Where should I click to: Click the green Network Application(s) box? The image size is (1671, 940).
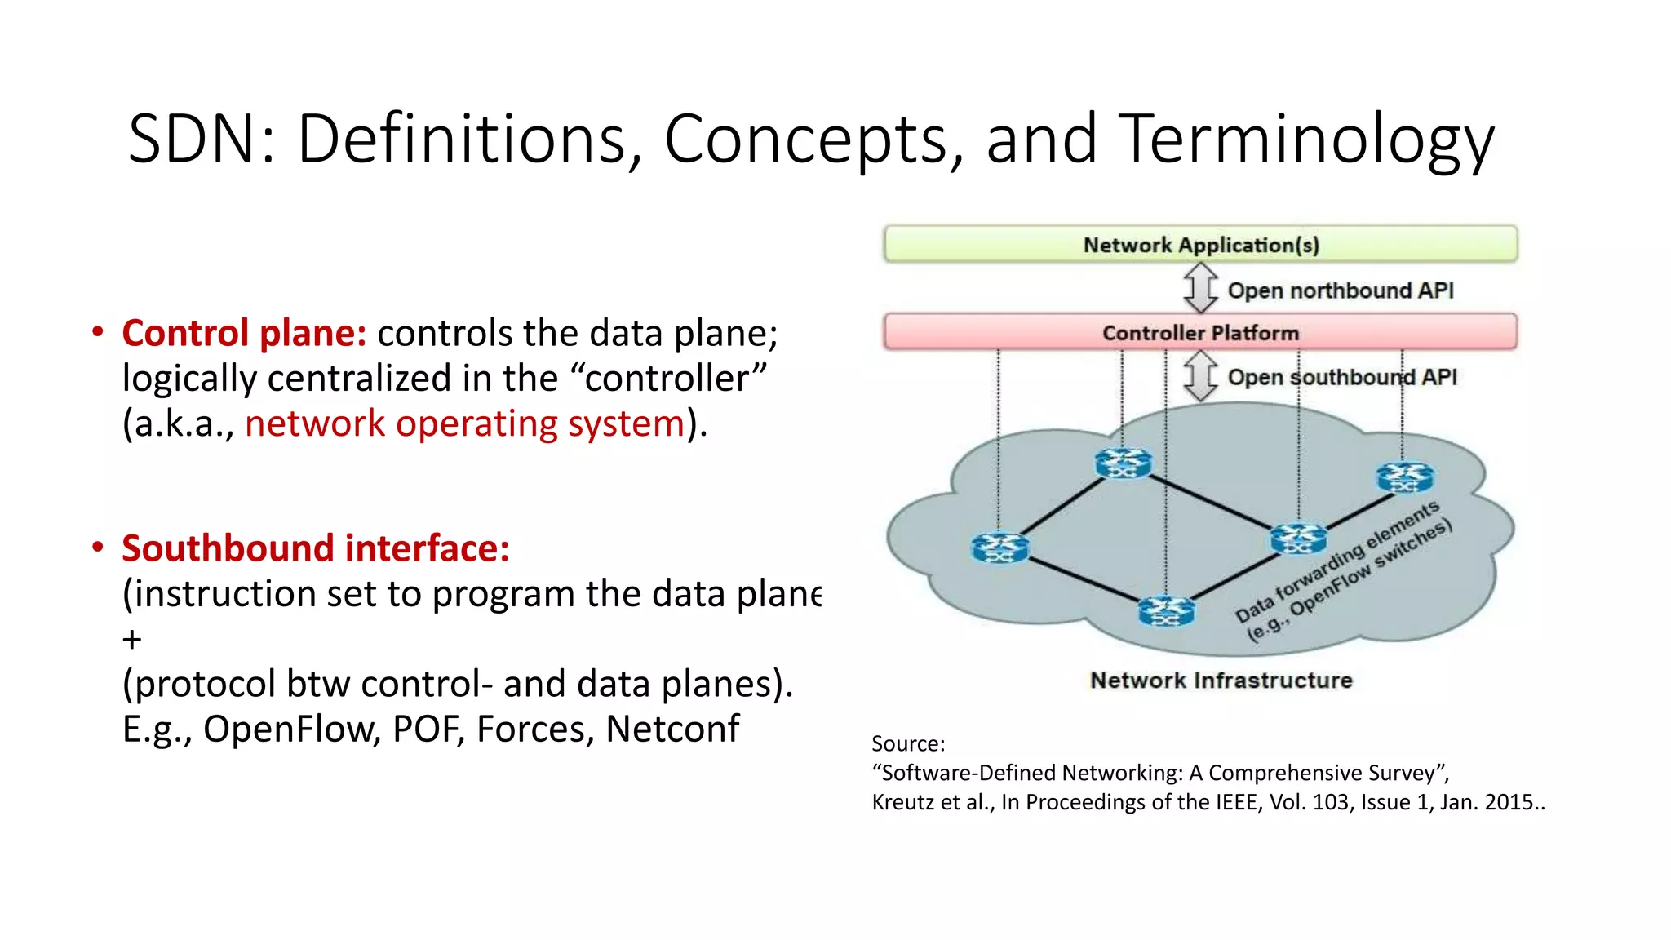click(1200, 244)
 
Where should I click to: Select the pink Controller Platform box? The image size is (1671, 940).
click(1200, 332)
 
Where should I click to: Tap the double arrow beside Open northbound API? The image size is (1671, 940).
click(1200, 288)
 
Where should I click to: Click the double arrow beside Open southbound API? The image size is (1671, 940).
click(1199, 376)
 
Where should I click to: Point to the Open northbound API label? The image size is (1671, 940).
click(1341, 290)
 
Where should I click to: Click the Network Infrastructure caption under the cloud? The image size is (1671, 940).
click(1221, 680)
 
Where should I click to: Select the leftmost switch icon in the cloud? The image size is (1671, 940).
click(999, 547)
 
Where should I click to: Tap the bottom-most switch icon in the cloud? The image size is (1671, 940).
click(1166, 610)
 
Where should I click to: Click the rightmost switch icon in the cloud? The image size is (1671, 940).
click(1404, 477)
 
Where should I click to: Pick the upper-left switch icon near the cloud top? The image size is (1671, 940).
click(1123, 463)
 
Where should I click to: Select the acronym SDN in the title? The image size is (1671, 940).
click(193, 140)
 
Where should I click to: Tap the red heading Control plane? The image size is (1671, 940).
click(244, 333)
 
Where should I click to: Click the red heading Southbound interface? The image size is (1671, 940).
click(316, 548)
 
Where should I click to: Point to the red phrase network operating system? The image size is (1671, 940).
click(464, 423)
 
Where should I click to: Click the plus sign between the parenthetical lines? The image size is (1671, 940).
click(132, 639)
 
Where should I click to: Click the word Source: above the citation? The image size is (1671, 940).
click(907, 743)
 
